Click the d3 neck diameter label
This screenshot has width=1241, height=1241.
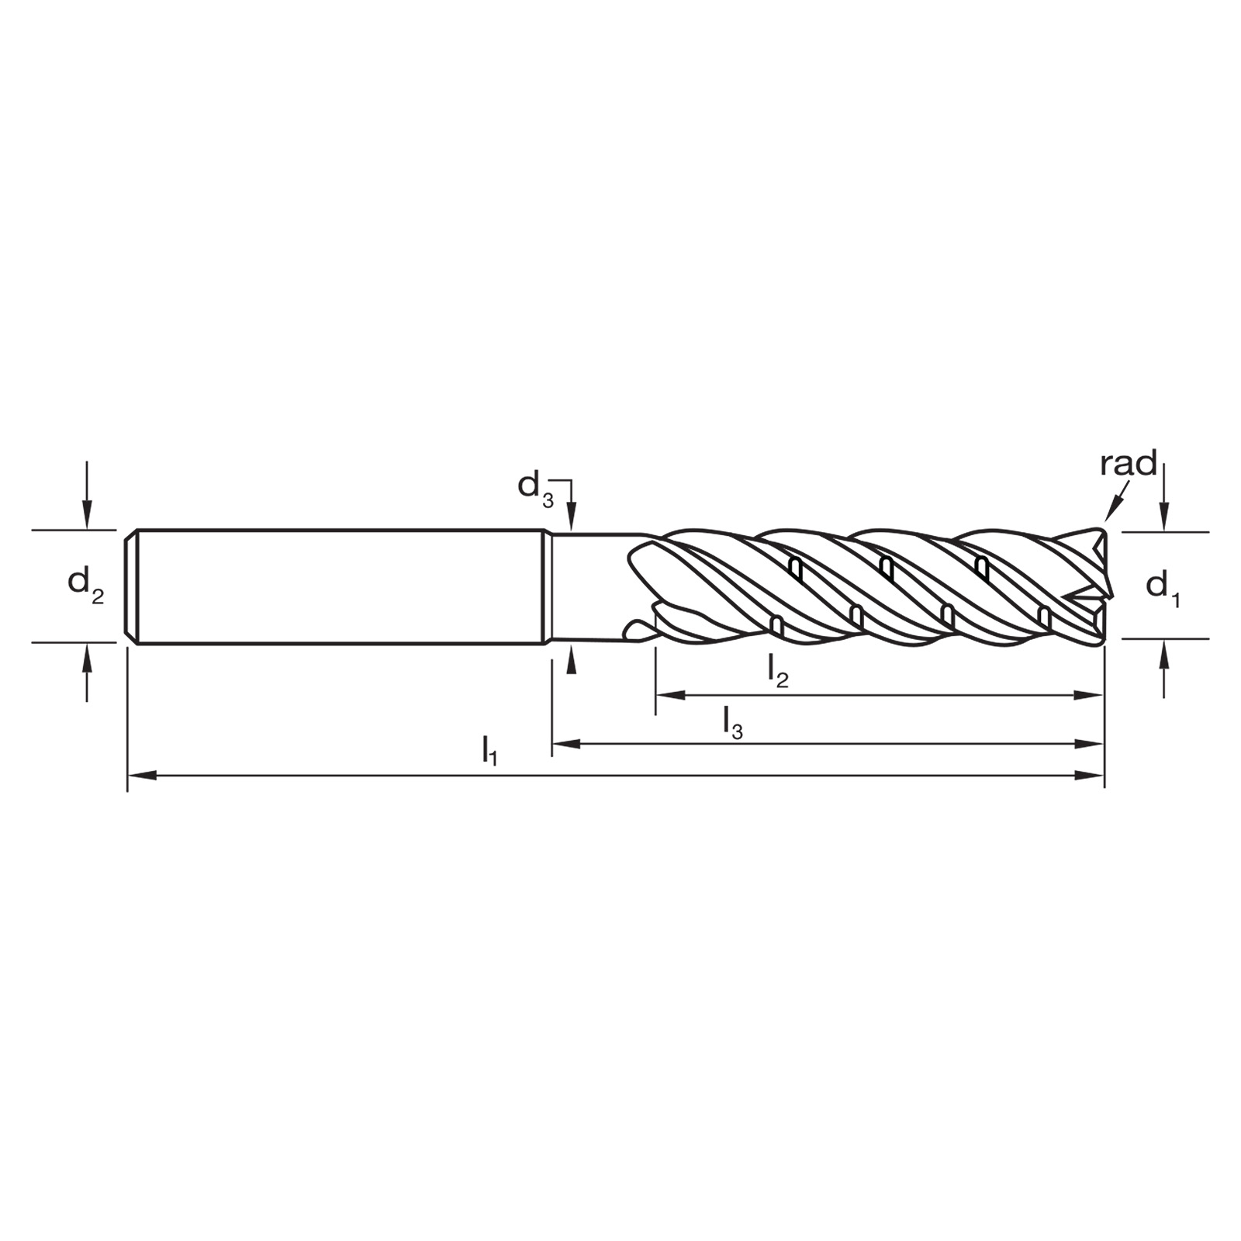[x=536, y=489]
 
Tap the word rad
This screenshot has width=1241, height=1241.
[x=1129, y=463]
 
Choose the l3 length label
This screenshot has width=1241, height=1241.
[x=732, y=722]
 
